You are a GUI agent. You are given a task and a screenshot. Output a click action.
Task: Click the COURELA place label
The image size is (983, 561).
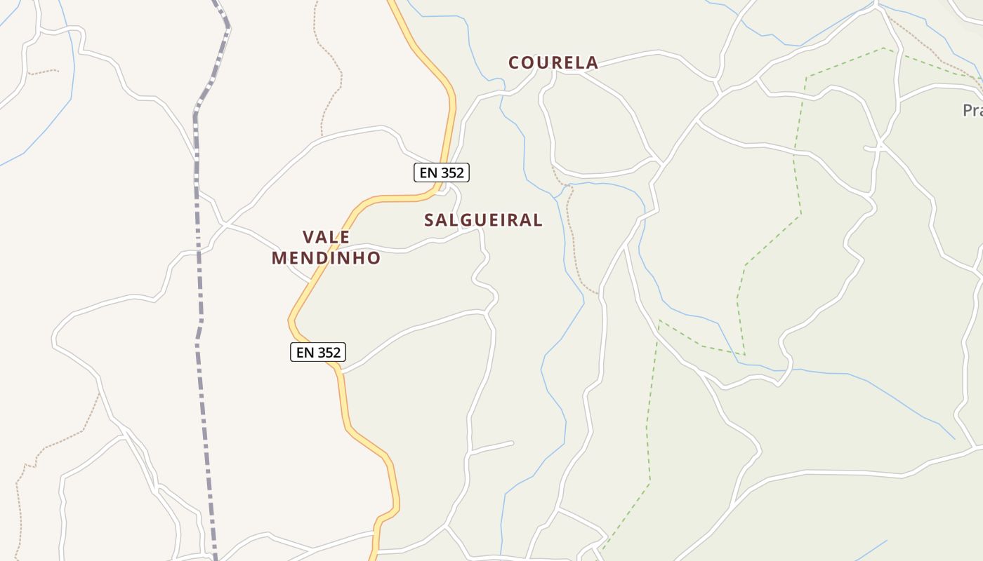[x=553, y=63]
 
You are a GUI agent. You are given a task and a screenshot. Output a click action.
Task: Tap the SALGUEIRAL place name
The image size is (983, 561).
[x=483, y=220]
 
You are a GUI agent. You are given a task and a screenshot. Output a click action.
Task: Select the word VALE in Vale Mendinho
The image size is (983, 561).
[x=326, y=237]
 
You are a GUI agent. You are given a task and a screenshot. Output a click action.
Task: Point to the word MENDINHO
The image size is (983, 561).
[x=326, y=258]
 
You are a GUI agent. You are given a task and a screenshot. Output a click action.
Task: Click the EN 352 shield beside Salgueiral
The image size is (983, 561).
[x=442, y=173]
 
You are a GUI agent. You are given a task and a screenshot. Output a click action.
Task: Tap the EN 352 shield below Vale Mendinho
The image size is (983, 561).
[x=318, y=352]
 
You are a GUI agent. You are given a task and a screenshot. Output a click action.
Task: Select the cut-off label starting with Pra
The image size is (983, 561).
[x=972, y=111]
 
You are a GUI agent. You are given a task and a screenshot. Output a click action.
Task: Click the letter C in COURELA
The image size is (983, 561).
[x=514, y=63]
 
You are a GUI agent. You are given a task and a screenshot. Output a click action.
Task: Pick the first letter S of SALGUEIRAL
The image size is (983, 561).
[x=429, y=220]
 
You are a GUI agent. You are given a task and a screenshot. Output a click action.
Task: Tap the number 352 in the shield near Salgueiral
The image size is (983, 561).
[x=451, y=173]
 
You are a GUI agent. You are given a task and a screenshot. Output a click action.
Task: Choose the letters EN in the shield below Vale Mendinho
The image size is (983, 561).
[x=305, y=352]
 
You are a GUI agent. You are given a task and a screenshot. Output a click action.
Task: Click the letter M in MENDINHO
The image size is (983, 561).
[x=279, y=258]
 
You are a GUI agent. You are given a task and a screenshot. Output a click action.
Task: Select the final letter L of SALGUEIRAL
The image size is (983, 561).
[x=538, y=220]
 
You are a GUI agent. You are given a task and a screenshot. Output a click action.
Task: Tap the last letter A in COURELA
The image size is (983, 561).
[x=593, y=63]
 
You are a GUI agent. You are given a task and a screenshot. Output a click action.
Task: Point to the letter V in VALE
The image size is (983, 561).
[x=308, y=237]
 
